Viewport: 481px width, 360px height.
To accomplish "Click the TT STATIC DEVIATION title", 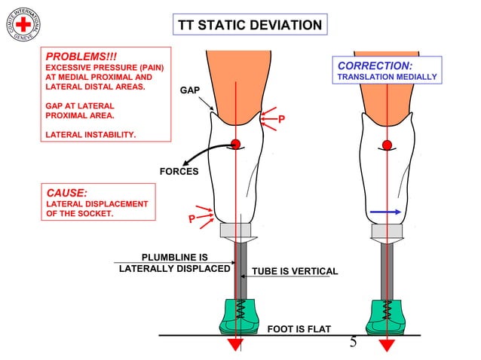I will coord(250,26).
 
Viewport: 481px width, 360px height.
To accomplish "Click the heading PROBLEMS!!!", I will coord(81,56).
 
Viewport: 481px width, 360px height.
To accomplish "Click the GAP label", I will coord(188,91).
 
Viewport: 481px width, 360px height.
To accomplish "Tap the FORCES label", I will coord(179,172).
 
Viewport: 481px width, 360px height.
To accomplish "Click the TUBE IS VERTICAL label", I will coord(294,271).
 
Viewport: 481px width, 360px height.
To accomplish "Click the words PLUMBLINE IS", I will coord(175,258).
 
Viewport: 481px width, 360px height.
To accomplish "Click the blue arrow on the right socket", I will coord(385,212).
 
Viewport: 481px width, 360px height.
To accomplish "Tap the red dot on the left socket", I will coord(235,144).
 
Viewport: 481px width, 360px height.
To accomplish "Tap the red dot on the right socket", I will coord(388,145).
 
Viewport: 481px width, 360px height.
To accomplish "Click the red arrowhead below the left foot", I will coord(235,345).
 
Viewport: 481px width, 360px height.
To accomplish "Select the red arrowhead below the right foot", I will coord(388,345).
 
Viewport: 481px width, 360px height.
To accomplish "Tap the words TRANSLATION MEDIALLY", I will coord(387,78).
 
